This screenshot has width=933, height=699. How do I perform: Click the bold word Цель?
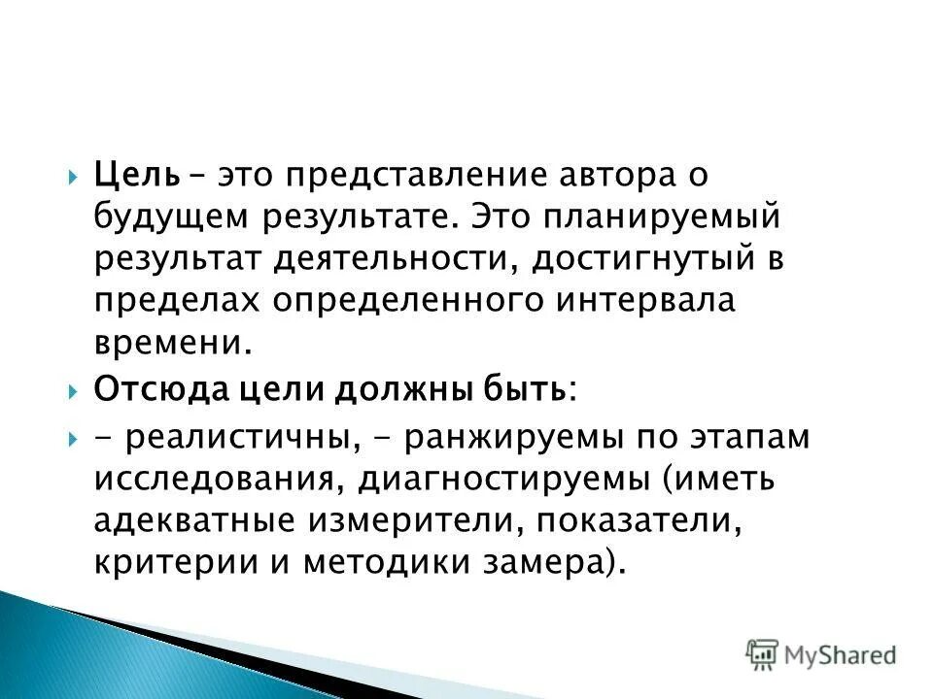tap(137, 178)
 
